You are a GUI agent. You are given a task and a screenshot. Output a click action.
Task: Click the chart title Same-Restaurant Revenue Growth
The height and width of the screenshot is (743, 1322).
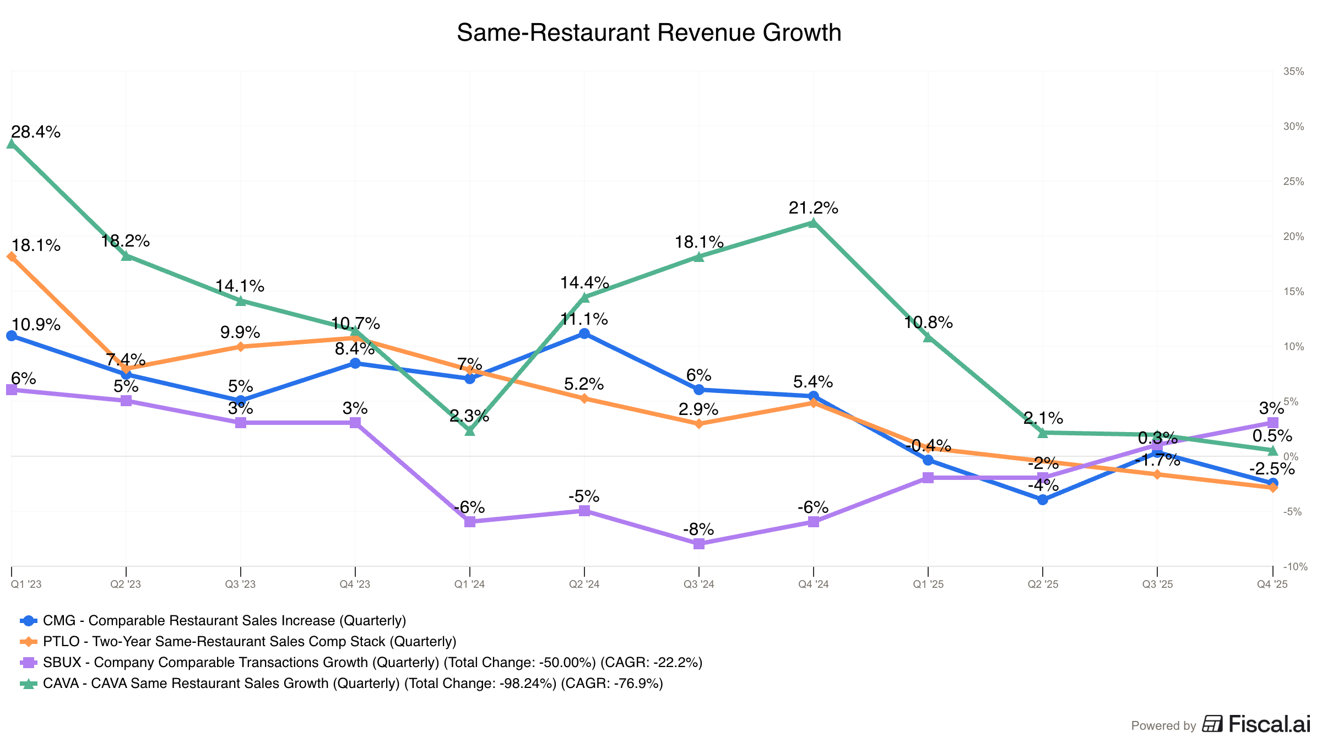(x=649, y=33)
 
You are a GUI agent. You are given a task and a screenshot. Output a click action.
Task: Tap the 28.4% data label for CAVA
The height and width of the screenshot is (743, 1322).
(x=36, y=132)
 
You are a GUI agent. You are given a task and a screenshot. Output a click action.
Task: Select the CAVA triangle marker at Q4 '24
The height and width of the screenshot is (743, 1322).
(x=814, y=223)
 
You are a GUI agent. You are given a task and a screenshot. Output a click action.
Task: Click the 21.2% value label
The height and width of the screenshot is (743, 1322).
(x=814, y=208)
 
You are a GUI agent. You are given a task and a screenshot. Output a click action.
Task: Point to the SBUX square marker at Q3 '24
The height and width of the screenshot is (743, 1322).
(x=699, y=544)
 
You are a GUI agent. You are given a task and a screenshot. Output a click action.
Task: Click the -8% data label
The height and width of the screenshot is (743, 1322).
(x=698, y=529)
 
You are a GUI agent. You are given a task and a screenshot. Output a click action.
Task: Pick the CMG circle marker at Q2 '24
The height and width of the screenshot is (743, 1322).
(x=584, y=334)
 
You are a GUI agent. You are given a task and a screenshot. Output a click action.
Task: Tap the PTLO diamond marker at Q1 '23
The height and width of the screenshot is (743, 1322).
(x=12, y=256)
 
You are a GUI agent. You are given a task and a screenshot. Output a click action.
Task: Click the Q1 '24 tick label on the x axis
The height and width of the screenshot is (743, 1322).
(x=469, y=584)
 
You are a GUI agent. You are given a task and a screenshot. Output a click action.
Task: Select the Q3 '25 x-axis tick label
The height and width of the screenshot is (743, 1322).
(x=1157, y=584)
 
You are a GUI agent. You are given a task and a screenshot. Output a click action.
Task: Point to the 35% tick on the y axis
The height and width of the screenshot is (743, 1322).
(x=1294, y=72)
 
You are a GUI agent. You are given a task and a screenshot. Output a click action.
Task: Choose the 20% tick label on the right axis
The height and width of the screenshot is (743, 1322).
(x=1294, y=237)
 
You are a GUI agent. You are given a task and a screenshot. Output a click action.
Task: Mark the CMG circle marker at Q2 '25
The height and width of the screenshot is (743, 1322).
(x=1043, y=500)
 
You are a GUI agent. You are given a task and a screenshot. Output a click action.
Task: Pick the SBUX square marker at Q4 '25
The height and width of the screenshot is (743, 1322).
(x=1273, y=423)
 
